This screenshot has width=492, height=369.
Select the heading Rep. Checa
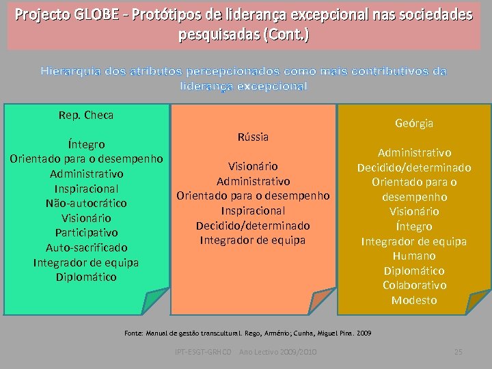86,115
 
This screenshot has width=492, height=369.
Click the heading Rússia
253,137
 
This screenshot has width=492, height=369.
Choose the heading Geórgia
414,123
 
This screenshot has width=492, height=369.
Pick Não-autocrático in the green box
86,203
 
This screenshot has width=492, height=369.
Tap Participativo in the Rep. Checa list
86,232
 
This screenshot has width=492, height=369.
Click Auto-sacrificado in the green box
86,247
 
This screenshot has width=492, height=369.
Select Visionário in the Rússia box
253,166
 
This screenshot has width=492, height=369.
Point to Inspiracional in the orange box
253,210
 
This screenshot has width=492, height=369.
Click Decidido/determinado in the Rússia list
253,225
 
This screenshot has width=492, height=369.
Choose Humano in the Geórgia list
414,256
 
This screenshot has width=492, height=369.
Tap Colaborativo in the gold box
414,285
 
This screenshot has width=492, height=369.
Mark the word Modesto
414,300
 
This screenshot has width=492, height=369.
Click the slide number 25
459,351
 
